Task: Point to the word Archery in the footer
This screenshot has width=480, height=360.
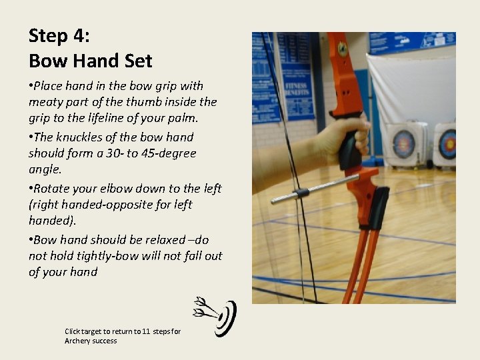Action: [x=75, y=341]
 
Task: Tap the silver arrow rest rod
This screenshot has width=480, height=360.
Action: [x=315, y=189]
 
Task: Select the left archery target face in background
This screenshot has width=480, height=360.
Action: [x=403, y=144]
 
